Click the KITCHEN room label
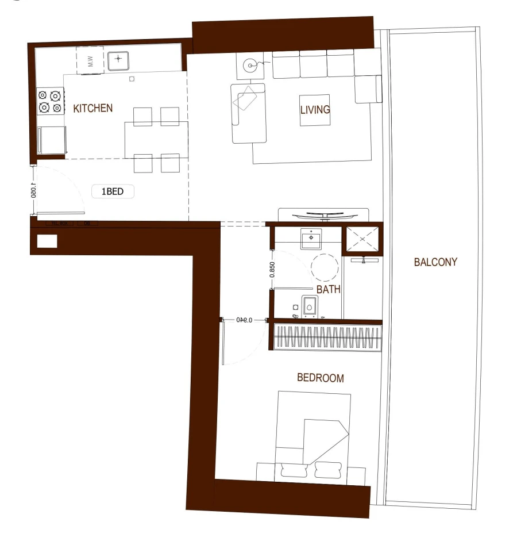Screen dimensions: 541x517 coord(92,108)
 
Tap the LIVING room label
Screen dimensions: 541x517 coord(315,109)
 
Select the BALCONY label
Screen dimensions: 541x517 coord(435,262)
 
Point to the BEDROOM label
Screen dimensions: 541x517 coord(320,378)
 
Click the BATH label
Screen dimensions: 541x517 coord(328,290)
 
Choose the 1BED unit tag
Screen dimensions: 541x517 coord(113,192)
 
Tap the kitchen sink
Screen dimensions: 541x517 coord(119,59)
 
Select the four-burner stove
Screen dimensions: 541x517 coord(50,101)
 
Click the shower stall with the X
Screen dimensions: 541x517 coord(361,239)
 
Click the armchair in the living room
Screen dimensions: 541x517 coord(249,113)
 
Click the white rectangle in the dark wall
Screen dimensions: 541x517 coord(47,241)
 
